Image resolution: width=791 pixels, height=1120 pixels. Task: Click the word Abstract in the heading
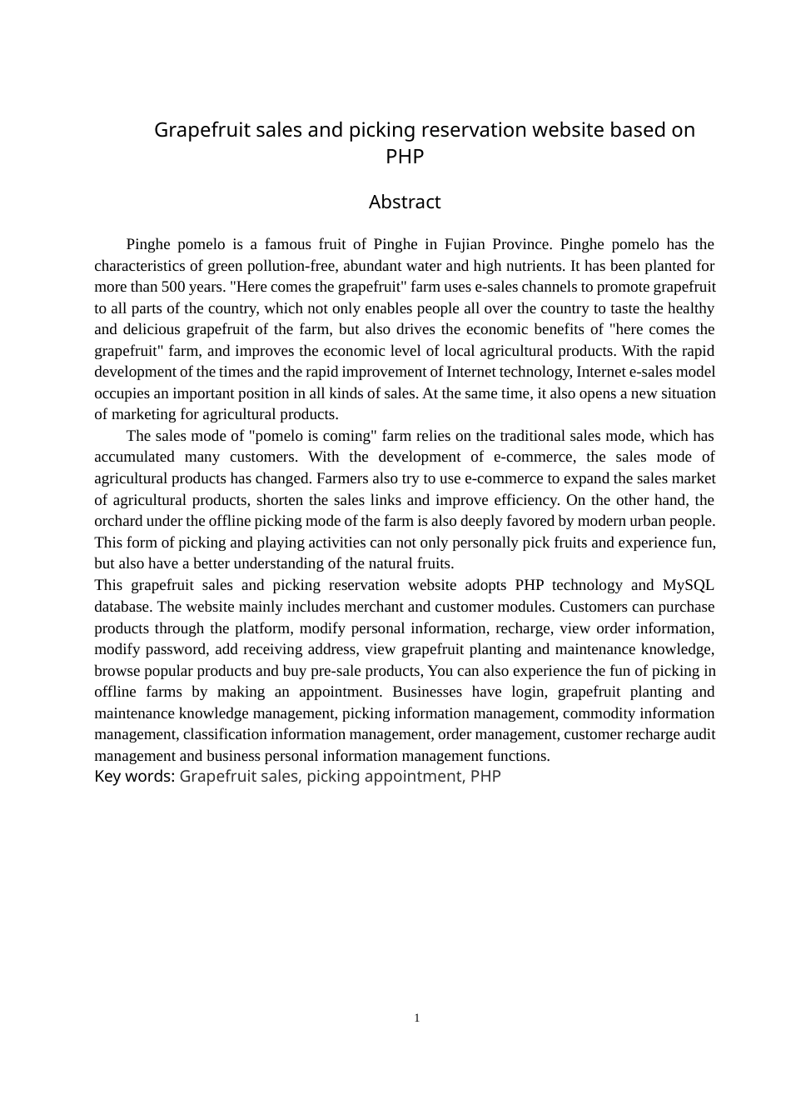point(405,202)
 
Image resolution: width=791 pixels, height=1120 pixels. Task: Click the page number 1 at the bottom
point(416,1017)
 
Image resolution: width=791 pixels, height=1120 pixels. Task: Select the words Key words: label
point(134,777)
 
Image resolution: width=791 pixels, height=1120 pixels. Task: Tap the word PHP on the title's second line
point(405,156)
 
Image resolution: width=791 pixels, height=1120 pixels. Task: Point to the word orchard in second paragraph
point(118,521)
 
